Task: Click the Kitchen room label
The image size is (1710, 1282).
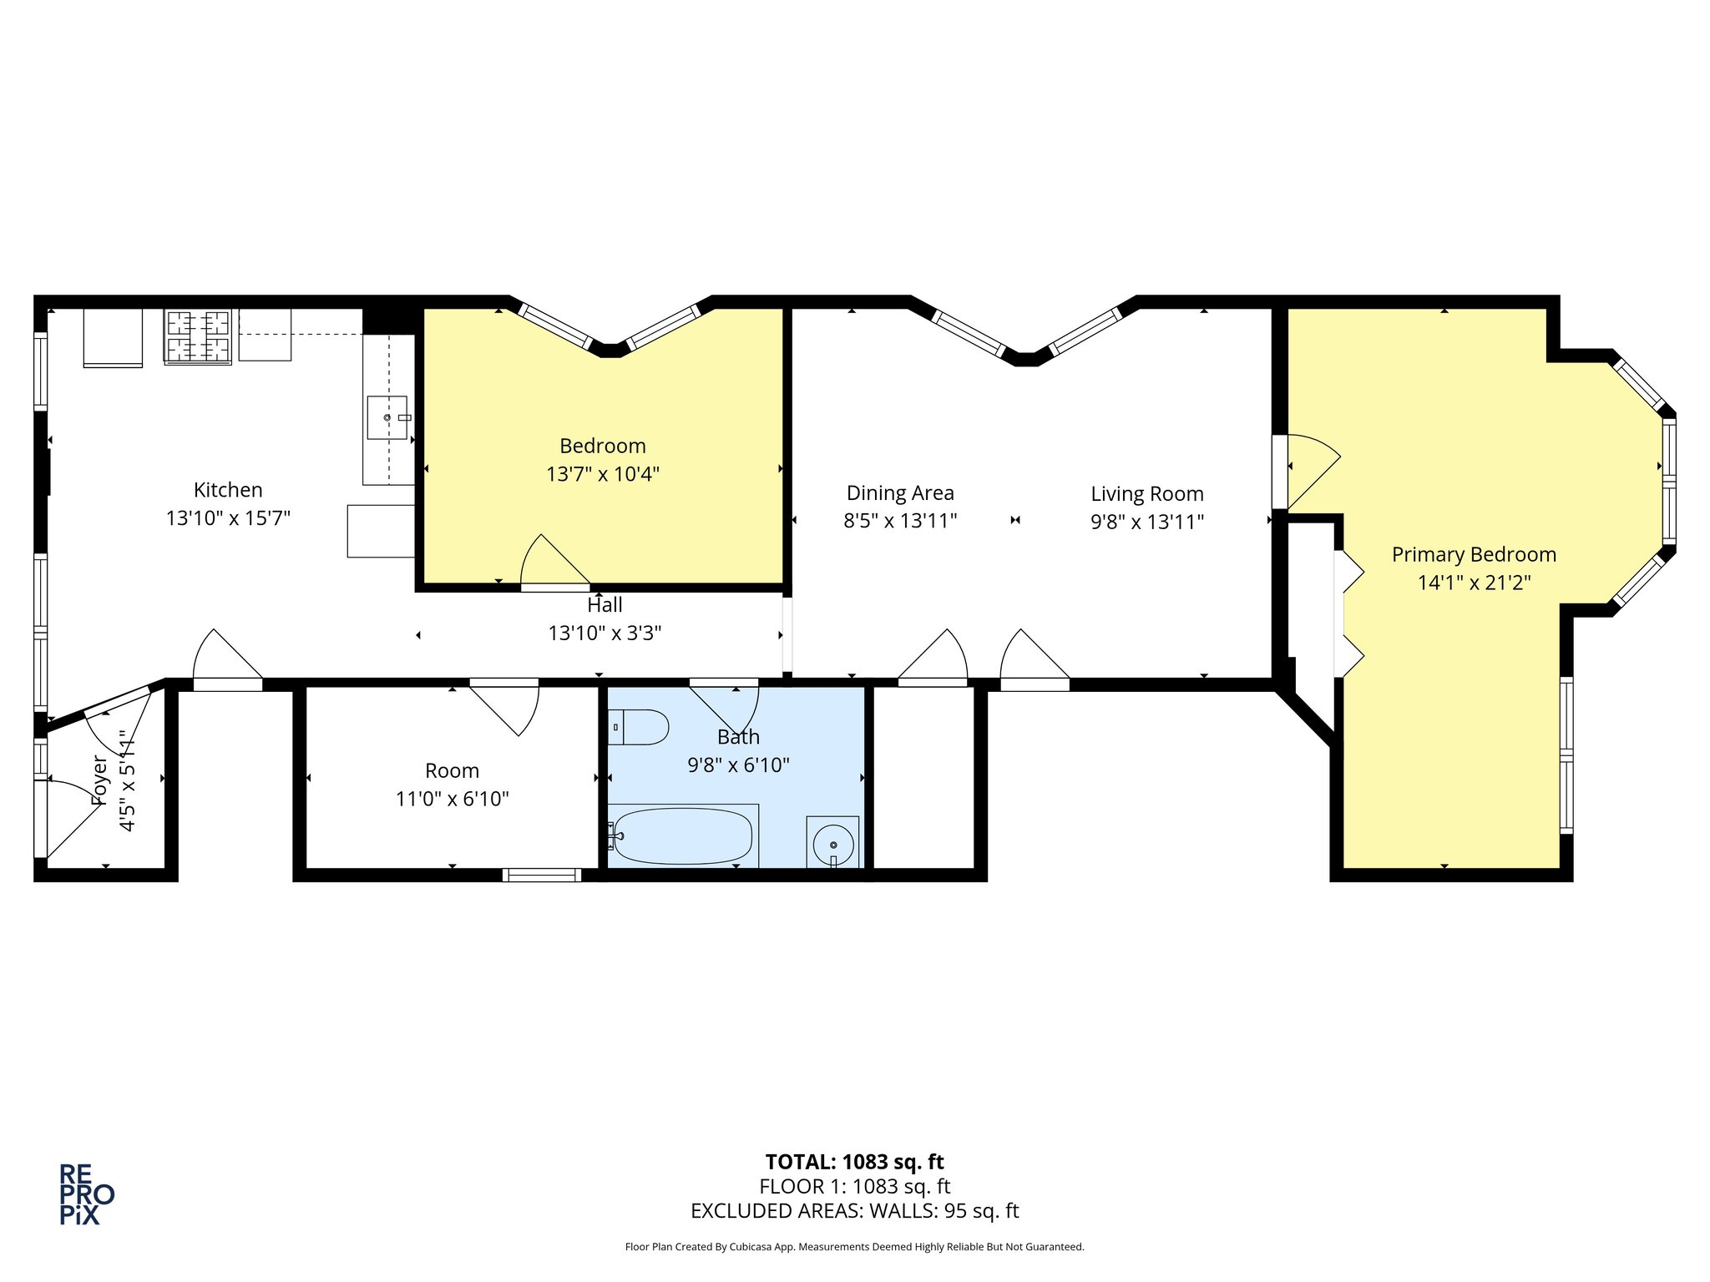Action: pyautogui.click(x=228, y=490)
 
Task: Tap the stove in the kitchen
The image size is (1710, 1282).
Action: pyautogui.click(x=198, y=337)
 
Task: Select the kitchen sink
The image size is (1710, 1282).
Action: pyautogui.click(x=387, y=417)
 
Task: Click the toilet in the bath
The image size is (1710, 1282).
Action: pyautogui.click(x=638, y=727)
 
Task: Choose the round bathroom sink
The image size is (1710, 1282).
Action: pyautogui.click(x=833, y=842)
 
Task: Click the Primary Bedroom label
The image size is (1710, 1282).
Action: pyautogui.click(x=1474, y=555)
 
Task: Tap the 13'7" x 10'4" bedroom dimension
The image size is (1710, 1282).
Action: pyautogui.click(x=603, y=474)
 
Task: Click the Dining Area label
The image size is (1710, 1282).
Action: pyautogui.click(x=900, y=493)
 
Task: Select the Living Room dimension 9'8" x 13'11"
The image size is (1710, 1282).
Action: pyautogui.click(x=1147, y=522)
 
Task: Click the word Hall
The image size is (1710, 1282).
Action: pyautogui.click(x=605, y=605)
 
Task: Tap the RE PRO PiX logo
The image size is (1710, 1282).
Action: pyautogui.click(x=87, y=1194)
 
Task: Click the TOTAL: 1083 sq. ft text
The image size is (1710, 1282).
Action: pyautogui.click(x=855, y=1162)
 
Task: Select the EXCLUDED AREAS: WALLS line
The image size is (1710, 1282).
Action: pyautogui.click(x=855, y=1211)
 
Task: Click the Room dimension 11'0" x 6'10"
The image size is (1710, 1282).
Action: pyautogui.click(x=453, y=799)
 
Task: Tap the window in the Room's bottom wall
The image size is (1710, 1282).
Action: pyautogui.click(x=542, y=875)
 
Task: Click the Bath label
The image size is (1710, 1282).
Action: pyautogui.click(x=739, y=737)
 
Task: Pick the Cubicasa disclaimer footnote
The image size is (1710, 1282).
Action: pyautogui.click(x=855, y=1247)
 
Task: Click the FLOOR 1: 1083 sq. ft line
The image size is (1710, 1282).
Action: pyautogui.click(x=855, y=1186)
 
